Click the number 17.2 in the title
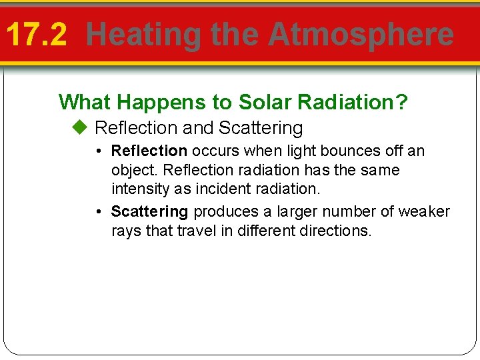(x=37, y=35)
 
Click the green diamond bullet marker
(x=81, y=127)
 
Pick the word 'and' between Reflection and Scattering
(x=198, y=127)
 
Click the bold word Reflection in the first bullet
(x=149, y=151)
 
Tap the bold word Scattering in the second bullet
(x=149, y=212)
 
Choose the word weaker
(x=424, y=212)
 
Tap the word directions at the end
(x=337, y=231)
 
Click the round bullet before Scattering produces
(x=98, y=212)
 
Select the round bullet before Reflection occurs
(x=98, y=151)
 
